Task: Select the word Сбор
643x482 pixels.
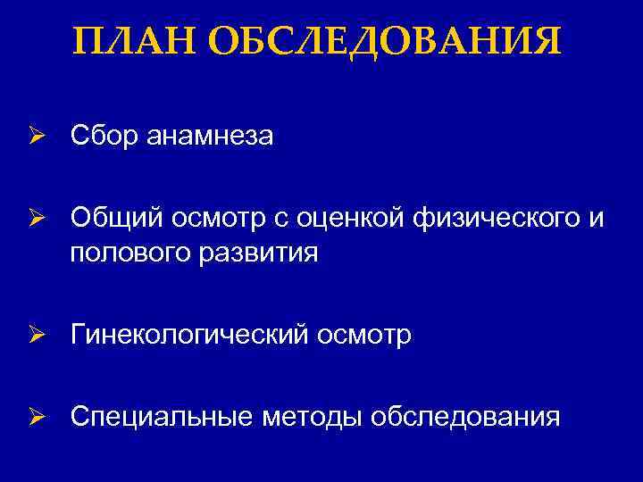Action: pos(104,137)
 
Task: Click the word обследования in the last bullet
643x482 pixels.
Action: pos(465,417)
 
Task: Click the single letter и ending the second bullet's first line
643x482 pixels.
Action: pos(597,217)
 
